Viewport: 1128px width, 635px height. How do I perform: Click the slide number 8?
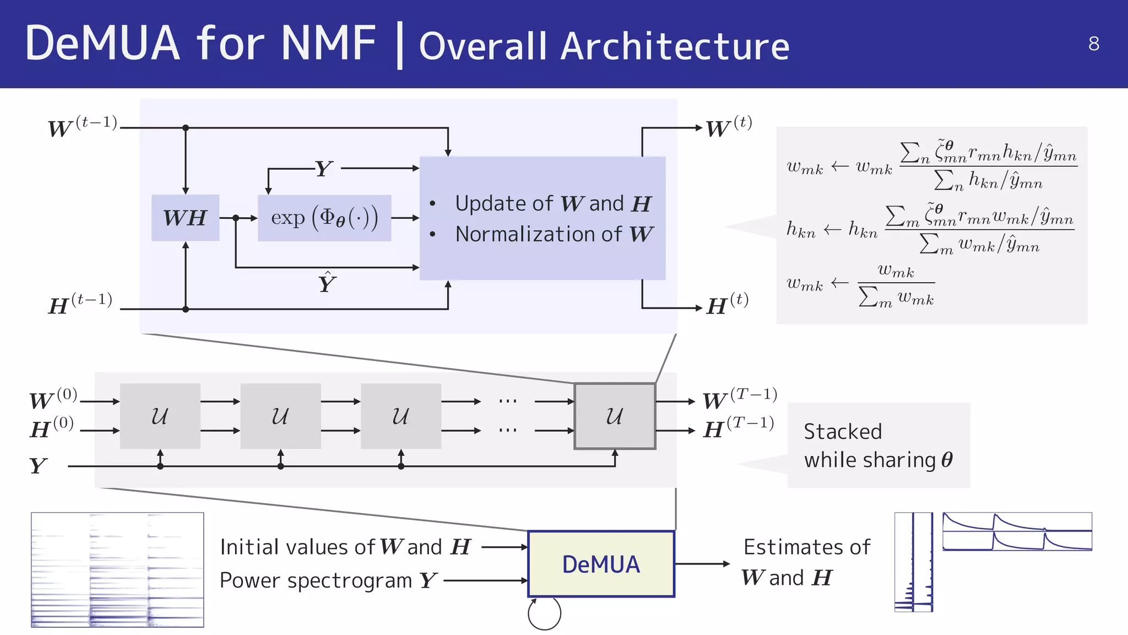1093,44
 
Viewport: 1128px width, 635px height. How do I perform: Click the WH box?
185,218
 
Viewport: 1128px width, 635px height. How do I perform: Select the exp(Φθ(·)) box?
324,218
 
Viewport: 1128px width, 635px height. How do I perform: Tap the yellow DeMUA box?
601,564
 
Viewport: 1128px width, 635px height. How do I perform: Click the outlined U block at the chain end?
615,416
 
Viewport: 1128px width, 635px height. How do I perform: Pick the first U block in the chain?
160,416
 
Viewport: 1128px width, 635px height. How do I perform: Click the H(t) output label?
727,305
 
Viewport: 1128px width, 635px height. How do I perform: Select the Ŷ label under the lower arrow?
327,283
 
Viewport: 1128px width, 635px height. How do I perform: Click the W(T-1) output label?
740,399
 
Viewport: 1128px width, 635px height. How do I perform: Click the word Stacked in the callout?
843,432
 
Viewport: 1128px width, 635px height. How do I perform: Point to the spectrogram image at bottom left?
117,569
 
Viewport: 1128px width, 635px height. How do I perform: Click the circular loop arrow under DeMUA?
544,614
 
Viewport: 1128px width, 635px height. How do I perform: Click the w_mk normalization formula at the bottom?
860,285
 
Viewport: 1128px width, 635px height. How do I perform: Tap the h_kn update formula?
930,228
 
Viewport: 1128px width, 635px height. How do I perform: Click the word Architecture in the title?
675,46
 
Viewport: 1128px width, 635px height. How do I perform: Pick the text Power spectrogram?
316,580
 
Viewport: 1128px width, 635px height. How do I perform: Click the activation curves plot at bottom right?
1017,531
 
